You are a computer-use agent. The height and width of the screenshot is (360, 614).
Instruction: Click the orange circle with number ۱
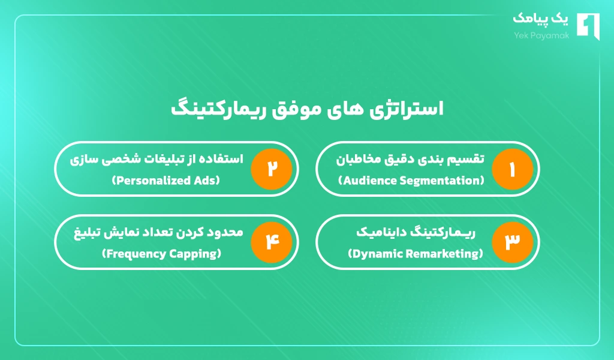513,169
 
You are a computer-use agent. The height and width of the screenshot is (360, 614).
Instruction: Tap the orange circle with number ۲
272,169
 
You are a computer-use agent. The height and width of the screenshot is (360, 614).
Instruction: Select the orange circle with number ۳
513,242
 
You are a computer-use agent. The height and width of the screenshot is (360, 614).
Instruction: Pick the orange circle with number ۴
272,242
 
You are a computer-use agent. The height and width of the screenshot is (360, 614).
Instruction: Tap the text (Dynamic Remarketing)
416,254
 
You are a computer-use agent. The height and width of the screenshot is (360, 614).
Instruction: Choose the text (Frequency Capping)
162,254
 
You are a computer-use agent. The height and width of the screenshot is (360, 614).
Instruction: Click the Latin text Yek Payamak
537,35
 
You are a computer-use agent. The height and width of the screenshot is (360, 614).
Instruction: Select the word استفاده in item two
224,159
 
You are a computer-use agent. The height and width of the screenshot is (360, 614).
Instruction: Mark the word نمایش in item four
121,232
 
